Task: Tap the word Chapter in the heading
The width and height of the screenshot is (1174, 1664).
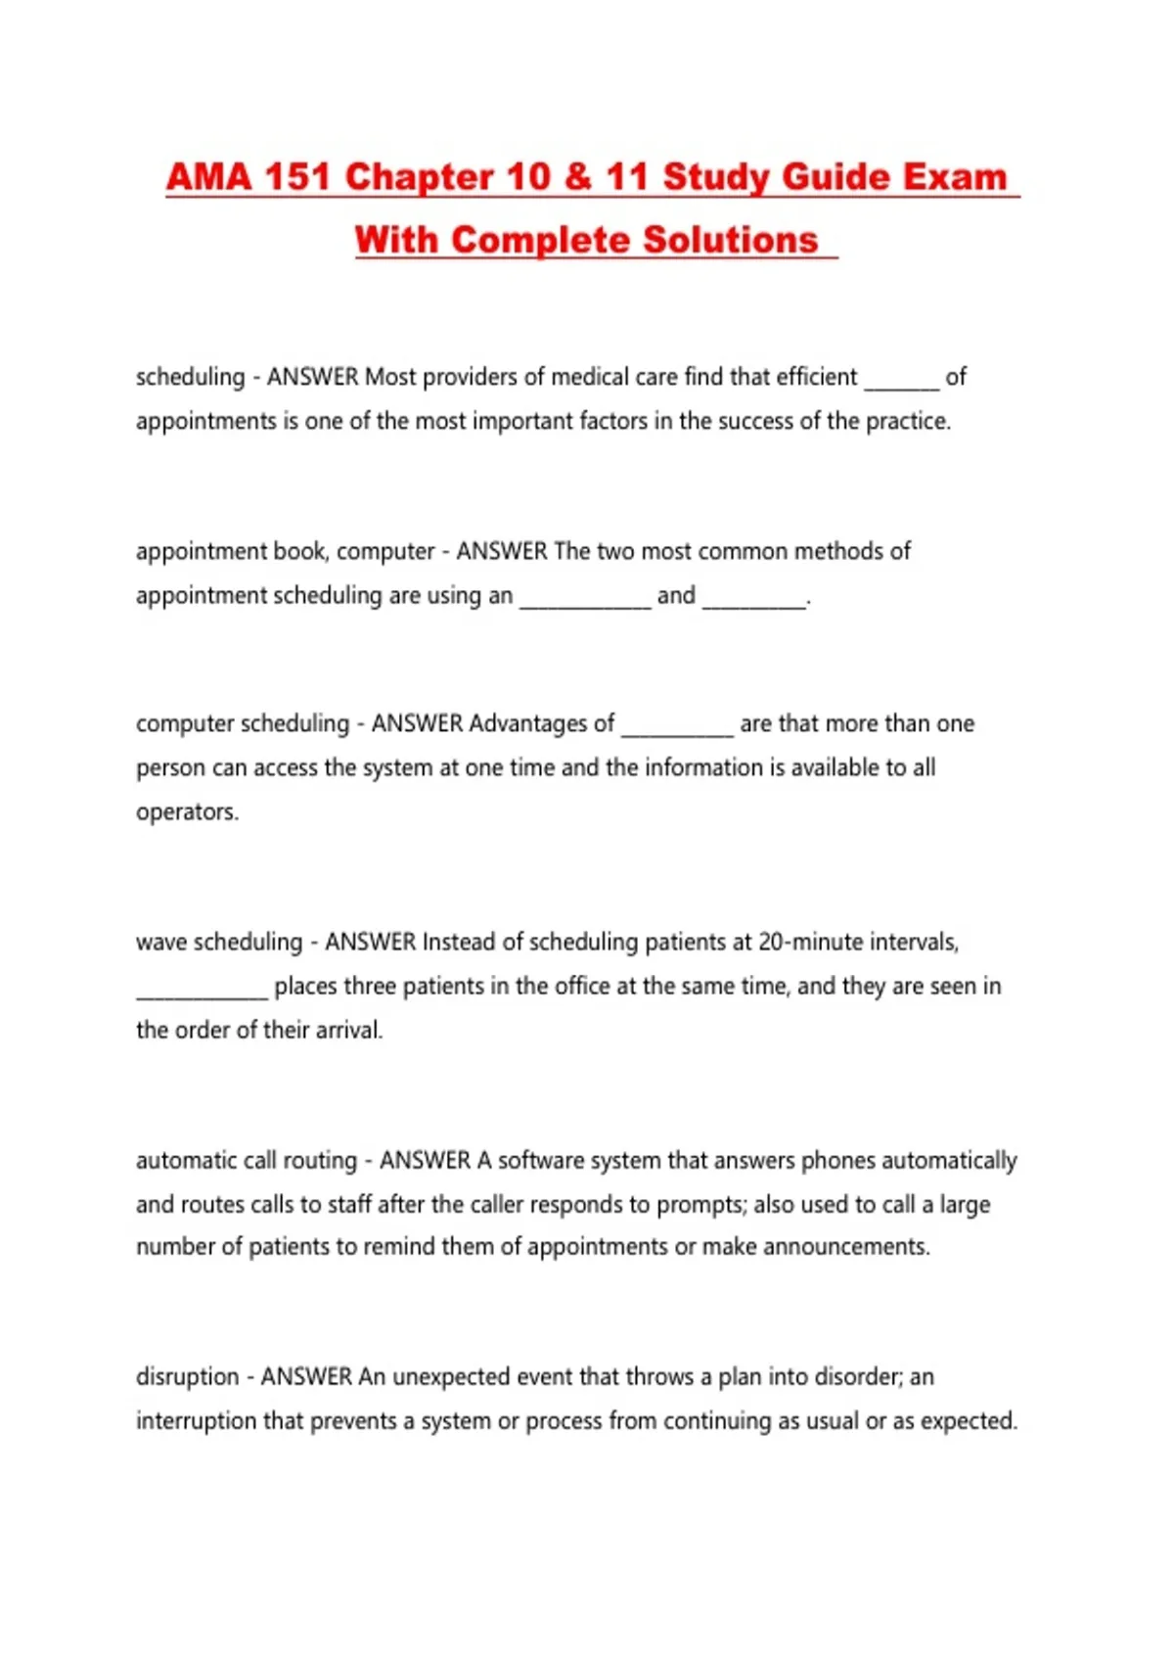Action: [x=419, y=177]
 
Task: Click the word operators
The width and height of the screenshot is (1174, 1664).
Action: [x=186, y=811]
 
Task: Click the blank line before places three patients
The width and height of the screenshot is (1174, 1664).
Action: [x=202, y=992]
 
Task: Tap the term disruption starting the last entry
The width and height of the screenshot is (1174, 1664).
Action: [x=187, y=1376]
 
